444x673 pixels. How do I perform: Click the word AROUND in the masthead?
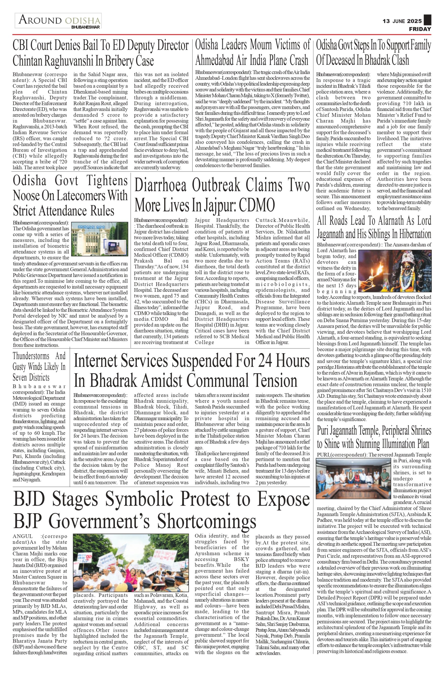40,20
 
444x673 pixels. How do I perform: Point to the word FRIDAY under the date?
420,29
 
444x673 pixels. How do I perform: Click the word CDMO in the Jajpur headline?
258,205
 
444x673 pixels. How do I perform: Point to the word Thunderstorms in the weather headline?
34,356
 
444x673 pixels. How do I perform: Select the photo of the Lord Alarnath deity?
395,267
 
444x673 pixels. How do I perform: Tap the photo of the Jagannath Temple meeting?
354,479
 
